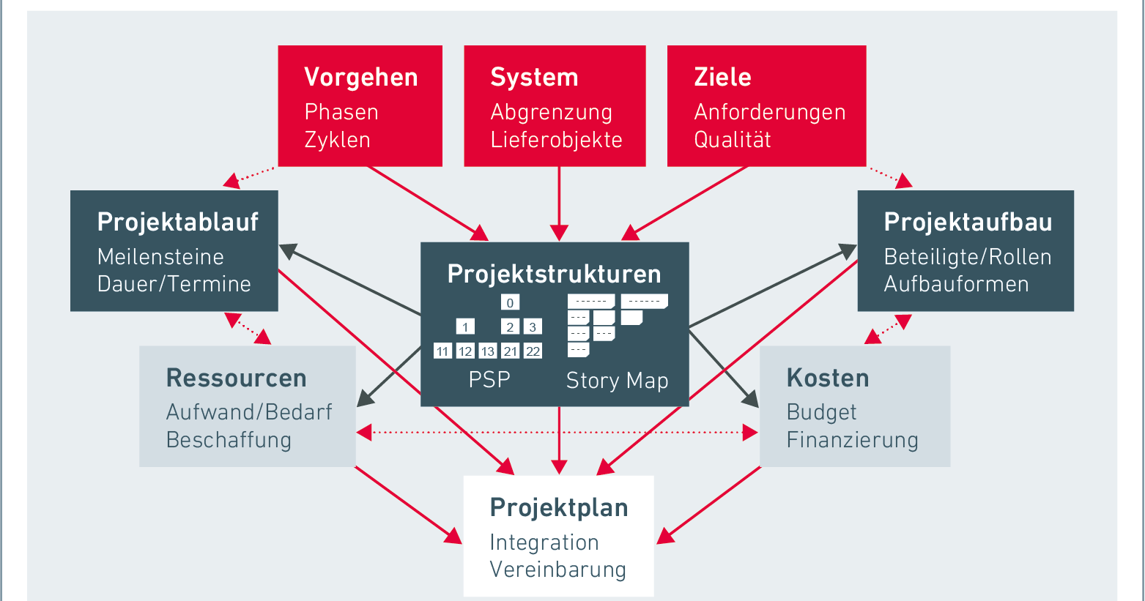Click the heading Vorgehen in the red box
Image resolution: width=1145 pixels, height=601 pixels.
[x=360, y=77]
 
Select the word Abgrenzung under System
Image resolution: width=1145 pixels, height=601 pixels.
[x=551, y=112]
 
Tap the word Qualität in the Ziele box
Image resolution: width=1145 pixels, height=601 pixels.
[x=732, y=139]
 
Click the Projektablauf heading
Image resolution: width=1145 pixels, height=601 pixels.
[x=177, y=222]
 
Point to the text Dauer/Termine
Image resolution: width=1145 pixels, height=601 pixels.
[x=174, y=284]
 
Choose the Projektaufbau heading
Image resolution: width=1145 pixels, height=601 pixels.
[x=968, y=222]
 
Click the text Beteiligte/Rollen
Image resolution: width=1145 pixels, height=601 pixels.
[x=967, y=257]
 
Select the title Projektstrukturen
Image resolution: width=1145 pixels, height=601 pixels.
[x=554, y=274]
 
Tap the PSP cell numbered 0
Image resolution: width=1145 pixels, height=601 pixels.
[x=510, y=302]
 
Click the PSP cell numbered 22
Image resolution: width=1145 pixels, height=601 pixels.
[x=533, y=351]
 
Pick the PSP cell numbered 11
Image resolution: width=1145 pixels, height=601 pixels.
[x=442, y=351]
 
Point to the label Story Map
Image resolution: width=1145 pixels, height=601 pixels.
[x=617, y=381]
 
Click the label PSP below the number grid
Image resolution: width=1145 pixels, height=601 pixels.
[x=489, y=380]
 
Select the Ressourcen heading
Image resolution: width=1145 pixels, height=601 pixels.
[x=236, y=378]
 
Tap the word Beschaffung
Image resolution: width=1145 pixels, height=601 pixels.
[x=229, y=440]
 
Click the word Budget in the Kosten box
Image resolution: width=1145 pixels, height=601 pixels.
[x=821, y=412]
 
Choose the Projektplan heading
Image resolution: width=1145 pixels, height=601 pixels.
[x=558, y=507]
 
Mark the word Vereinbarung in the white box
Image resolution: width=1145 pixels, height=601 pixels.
[x=557, y=570]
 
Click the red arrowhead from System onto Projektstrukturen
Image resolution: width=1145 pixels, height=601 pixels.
[x=559, y=234]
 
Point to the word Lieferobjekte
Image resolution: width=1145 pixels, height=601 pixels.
[x=556, y=140]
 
